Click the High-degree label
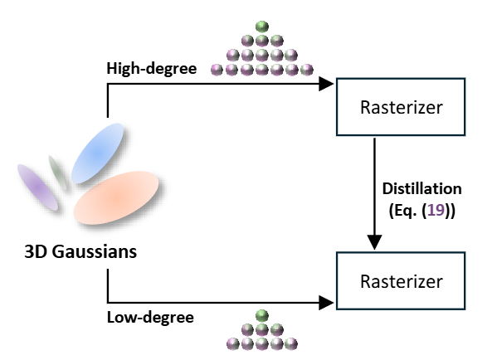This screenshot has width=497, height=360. (152, 69)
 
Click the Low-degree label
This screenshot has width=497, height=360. (150, 318)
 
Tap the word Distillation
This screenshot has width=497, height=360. (421, 189)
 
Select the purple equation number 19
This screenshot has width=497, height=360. (436, 210)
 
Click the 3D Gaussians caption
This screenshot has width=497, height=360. (80, 252)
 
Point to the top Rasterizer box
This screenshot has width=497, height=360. (401, 107)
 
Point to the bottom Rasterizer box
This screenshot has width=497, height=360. (401, 281)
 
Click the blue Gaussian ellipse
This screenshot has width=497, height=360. (97, 153)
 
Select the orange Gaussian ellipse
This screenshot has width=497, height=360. (116, 197)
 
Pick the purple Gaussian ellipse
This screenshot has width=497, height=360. (37, 187)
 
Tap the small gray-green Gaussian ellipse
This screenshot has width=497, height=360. (57, 173)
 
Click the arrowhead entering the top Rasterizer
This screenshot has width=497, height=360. (326, 84)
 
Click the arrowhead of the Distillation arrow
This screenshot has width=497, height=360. (374, 242)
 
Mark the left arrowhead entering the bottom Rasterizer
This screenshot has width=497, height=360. (326, 303)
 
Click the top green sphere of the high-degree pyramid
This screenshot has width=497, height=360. (262, 27)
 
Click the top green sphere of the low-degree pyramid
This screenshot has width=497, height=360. (262, 316)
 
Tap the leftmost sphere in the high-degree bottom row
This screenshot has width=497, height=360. (217, 70)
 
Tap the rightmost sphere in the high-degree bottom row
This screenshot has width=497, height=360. (306, 70)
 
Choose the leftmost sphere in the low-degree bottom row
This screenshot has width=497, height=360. (233, 344)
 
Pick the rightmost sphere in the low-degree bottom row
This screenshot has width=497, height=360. (291, 344)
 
